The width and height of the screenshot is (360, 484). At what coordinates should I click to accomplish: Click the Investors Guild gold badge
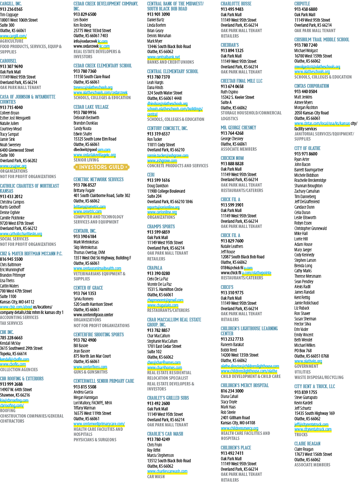point(102,167)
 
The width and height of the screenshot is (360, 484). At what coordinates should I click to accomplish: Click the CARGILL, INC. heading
point(11,4)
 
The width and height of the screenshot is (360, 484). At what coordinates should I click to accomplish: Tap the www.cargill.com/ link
point(13,36)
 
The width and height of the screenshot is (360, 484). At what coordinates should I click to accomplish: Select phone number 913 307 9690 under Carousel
point(12,66)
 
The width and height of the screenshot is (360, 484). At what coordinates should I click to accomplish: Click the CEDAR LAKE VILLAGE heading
point(91,107)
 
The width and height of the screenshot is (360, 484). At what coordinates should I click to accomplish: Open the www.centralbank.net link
point(164,57)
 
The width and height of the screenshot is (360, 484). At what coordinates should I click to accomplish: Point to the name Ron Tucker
point(155,139)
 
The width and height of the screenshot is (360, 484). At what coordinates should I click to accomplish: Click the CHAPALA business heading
point(155,268)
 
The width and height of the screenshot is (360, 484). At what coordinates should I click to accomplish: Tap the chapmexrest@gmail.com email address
point(165,300)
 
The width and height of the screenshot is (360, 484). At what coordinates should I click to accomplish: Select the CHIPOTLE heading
point(302,4)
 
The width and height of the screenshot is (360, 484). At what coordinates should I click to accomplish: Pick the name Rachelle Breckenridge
point(310,180)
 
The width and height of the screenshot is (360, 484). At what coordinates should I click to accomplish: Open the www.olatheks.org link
point(308,361)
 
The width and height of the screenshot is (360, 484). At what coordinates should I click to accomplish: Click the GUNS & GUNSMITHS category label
point(91,372)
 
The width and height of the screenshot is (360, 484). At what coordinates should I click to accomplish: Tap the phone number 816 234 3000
point(232,391)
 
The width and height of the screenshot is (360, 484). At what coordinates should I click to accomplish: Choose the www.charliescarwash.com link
point(167,471)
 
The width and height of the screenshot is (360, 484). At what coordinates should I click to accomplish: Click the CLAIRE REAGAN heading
point(307,444)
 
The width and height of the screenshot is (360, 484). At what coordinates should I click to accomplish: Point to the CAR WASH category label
point(156,477)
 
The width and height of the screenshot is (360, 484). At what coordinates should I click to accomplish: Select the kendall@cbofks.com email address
point(15,359)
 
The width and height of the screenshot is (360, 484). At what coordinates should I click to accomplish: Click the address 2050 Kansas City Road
point(312,113)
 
